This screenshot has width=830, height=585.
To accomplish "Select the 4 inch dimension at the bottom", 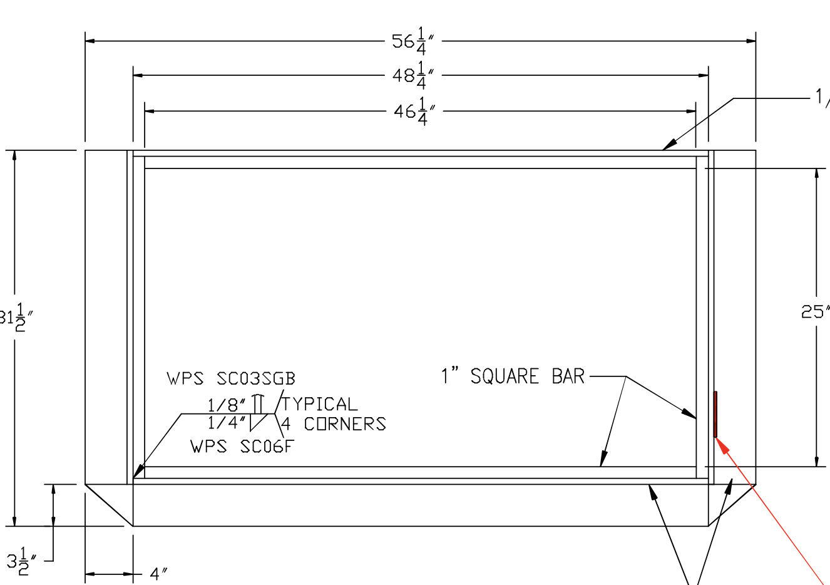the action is coord(158,574).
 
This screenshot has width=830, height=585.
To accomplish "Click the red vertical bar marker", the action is coord(715,414).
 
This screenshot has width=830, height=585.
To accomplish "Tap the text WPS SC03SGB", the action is coord(230,379).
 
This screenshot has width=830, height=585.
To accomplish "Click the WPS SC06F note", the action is coord(242,447).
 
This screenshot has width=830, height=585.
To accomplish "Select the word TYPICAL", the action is coord(320,404).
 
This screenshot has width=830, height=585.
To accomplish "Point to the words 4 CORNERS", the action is coord(333,424).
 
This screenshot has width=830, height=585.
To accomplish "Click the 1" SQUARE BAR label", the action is coord(513,376).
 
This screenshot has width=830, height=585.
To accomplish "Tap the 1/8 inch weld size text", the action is coord(227,404).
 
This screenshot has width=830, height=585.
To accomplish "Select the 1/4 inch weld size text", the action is coord(227,423).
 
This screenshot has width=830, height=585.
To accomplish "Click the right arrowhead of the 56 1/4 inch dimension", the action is coord(751,41).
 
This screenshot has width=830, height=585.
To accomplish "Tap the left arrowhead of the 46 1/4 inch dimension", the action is coord(150,111).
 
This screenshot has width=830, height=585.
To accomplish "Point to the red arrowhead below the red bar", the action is coord(722,444).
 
